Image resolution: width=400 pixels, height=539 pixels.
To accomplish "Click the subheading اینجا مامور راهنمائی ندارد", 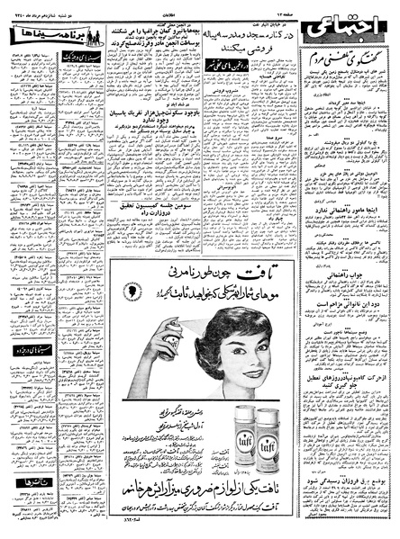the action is tap(351, 231).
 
